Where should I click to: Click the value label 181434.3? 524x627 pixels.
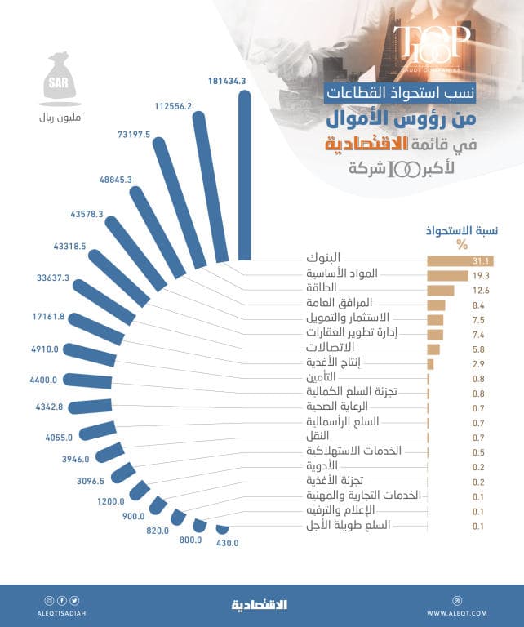(x=227, y=81)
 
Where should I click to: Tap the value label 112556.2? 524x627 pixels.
(x=172, y=106)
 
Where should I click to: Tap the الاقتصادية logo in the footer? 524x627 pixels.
(x=260, y=605)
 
